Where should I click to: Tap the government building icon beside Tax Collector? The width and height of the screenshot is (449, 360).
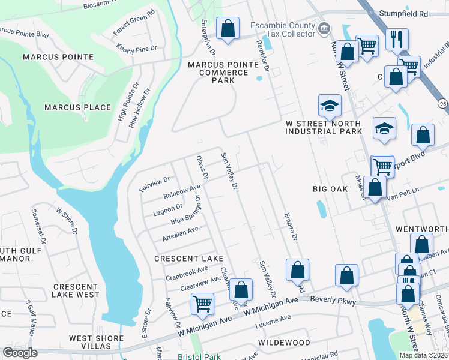[324, 28]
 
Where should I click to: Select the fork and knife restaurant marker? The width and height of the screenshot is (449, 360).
[397, 40]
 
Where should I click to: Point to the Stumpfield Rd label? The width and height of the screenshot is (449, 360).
[408, 12]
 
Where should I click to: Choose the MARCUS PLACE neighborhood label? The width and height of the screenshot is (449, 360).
[77, 107]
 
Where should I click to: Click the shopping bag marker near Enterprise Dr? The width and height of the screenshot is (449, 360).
[228, 28]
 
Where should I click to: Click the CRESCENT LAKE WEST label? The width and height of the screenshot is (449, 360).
[75, 291]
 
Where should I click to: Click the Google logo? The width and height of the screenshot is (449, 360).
[20, 353]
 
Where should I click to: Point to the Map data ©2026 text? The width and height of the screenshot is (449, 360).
[424, 355]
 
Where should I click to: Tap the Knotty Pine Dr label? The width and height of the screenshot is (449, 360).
[136, 47]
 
